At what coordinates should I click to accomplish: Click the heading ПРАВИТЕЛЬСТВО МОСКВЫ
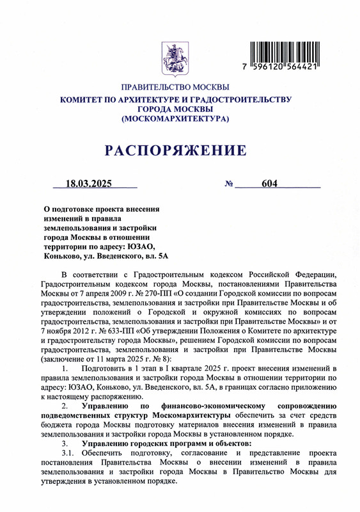pyautogui.click(x=175, y=87)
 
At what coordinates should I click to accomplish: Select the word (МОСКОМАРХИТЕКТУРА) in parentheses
pyautogui.click(x=175, y=119)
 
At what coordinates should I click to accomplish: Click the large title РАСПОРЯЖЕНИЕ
pyautogui.click(x=175, y=151)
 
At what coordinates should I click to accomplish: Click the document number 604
pyautogui.click(x=269, y=184)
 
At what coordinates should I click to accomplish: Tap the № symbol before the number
pyautogui.click(x=228, y=184)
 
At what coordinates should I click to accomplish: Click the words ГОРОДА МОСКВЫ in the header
pyautogui.click(x=175, y=109)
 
